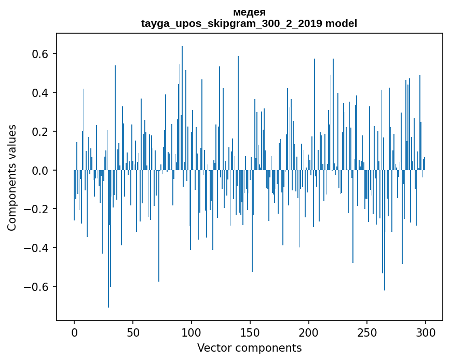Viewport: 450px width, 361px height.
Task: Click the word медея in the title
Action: [249, 12]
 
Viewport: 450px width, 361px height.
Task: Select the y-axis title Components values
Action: [12, 177]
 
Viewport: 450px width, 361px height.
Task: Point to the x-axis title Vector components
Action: [249, 348]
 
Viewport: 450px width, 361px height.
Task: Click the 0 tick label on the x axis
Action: [74, 332]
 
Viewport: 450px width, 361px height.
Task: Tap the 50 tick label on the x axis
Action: [133, 332]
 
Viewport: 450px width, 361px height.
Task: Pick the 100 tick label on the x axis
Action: [192, 332]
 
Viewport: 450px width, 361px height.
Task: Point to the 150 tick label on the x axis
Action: [250, 332]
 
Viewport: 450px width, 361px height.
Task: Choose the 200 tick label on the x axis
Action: [309, 332]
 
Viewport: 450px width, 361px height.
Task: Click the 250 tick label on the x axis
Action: [367, 332]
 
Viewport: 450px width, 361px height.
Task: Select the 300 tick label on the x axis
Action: [426, 332]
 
